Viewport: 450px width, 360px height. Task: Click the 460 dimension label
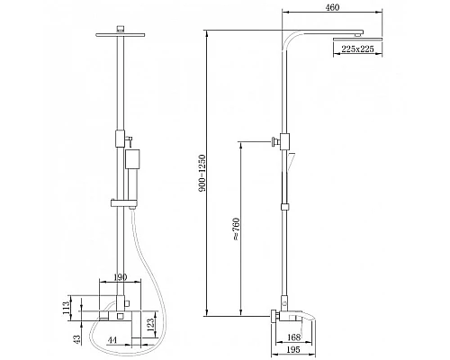(x=332, y=7)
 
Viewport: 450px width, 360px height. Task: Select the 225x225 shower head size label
(x=357, y=49)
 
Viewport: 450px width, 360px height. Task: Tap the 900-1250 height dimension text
(x=202, y=173)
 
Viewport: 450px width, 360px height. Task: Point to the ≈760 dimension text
(x=237, y=229)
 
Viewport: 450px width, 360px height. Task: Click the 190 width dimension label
(x=120, y=277)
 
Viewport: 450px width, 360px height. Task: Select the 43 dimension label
(x=76, y=338)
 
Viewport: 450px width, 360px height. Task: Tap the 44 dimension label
(x=112, y=340)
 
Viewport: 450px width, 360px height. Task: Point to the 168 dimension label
(x=293, y=337)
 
